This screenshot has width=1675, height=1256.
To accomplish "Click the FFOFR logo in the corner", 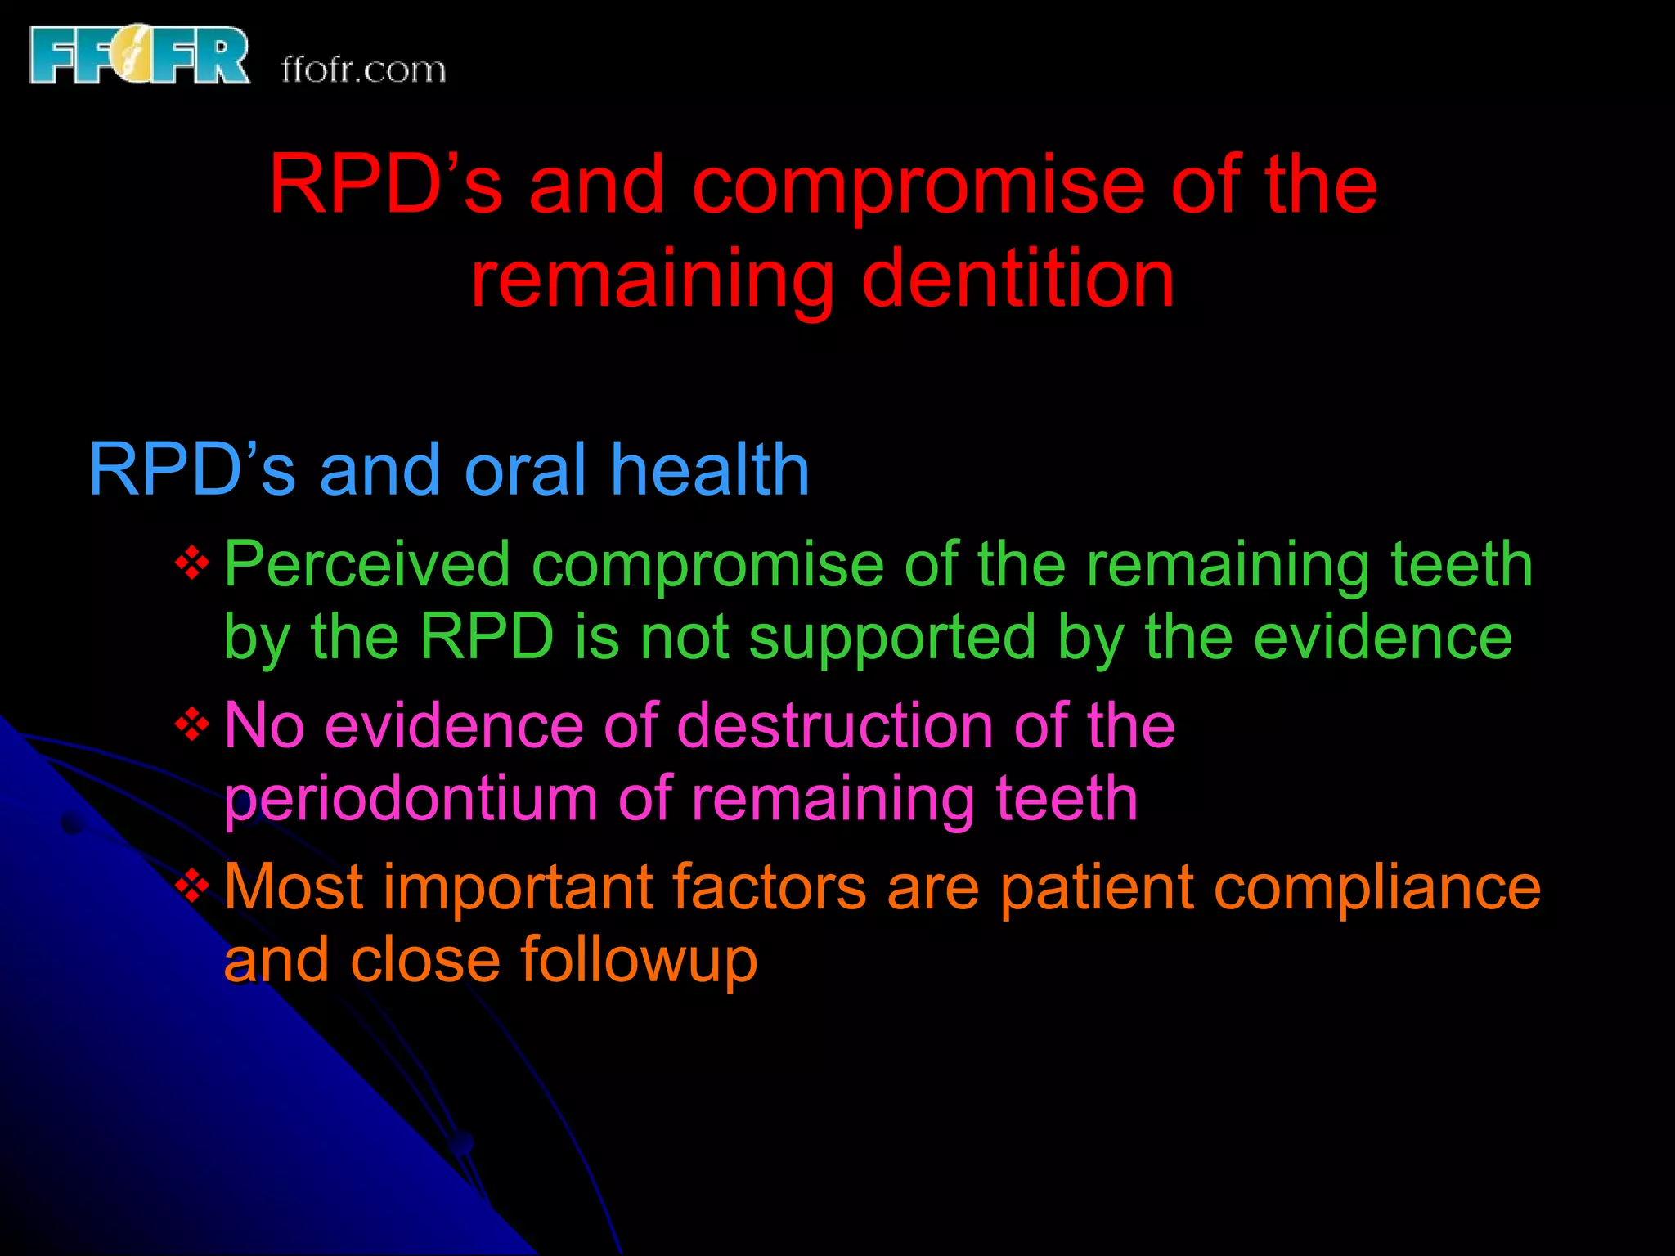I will pos(139,56).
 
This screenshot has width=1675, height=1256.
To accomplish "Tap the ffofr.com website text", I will pos(364,70).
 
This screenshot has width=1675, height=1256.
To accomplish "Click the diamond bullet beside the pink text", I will pos(192,724).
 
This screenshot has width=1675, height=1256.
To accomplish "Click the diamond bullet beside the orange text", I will pos(192,886).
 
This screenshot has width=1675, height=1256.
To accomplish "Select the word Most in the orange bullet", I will pos(294,886).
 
